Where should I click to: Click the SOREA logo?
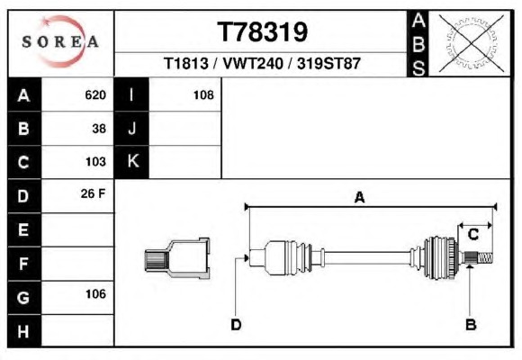tap(60, 41)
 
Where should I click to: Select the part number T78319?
tap(262, 32)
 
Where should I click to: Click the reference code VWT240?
tap(253, 63)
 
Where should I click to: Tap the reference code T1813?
tap(186, 63)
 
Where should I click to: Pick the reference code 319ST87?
tap(328, 63)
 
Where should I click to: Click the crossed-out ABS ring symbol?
tap(471, 43)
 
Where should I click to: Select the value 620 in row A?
tap(95, 94)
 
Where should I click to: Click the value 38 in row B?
tap(99, 129)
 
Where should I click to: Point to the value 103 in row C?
tap(95, 161)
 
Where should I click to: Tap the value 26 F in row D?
tap(93, 193)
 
